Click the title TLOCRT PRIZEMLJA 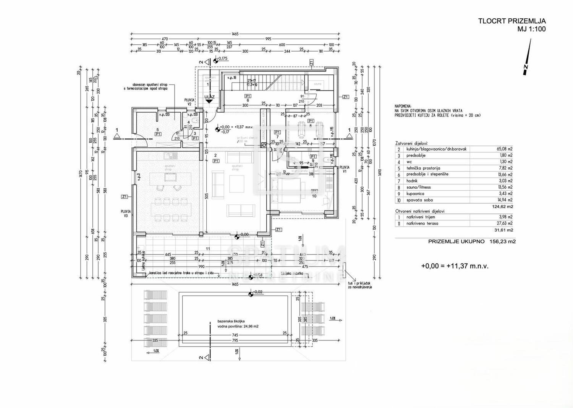pyautogui.click(x=512, y=21)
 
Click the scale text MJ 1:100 pyautogui.click(x=531, y=29)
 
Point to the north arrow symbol pyautogui.click(x=527, y=61)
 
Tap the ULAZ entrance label pyautogui.click(x=209, y=97)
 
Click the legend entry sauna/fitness pyautogui.click(x=418, y=187)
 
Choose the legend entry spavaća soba pyautogui.click(x=419, y=200)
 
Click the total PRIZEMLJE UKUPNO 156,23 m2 pyautogui.click(x=472, y=241)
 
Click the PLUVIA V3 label pyautogui.click(x=126, y=213)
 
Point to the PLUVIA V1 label pyautogui.click(x=344, y=169)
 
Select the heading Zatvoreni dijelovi pyautogui.click(x=411, y=143)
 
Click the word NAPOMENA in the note pyautogui.click(x=403, y=106)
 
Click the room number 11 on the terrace pyautogui.click(x=208, y=249)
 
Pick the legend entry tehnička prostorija pyautogui.click(x=423, y=168)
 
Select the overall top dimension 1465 pyautogui.click(x=235, y=34)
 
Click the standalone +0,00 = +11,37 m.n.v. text pyautogui.click(x=455, y=266)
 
